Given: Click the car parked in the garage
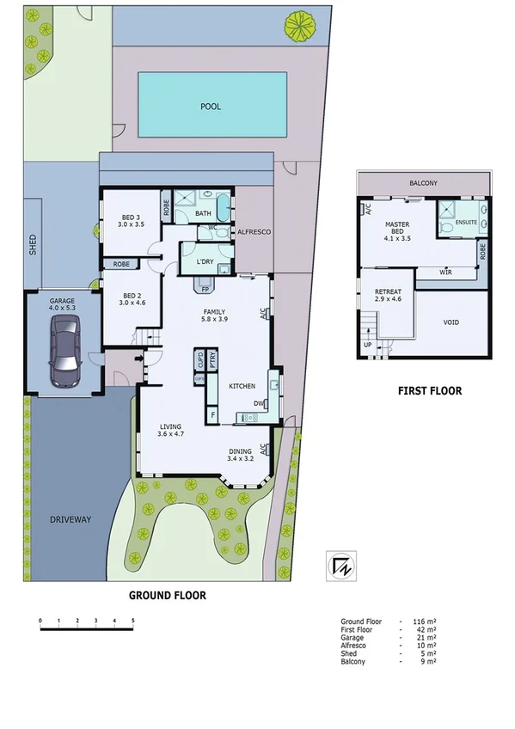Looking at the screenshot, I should click(x=64, y=350).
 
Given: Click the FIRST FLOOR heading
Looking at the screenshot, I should click(x=429, y=390).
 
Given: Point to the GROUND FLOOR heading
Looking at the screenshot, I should click(x=167, y=594).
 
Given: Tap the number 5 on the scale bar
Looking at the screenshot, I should click(x=133, y=620).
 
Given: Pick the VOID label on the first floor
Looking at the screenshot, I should click(x=451, y=324).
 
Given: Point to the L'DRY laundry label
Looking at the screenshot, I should click(x=205, y=260).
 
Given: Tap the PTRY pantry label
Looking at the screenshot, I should click(x=212, y=356).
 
